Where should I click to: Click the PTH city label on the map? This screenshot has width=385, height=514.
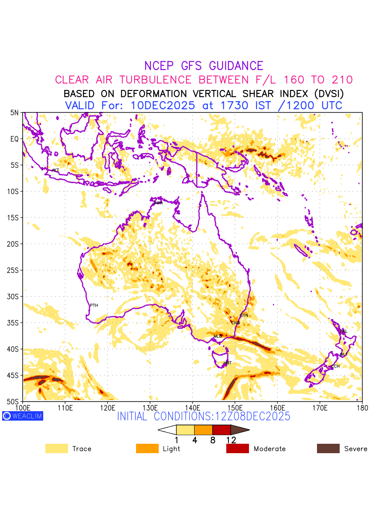[94, 305]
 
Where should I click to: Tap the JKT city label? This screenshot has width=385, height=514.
[55, 170]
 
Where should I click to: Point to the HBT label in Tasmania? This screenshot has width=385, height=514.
[228, 363]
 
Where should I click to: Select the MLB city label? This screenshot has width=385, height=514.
[218, 336]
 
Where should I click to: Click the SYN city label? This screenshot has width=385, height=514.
[244, 315]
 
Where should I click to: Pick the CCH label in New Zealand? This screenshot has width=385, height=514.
[335, 366]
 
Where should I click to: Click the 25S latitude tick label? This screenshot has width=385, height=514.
[15, 270]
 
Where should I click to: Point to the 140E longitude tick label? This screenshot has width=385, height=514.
[192, 407]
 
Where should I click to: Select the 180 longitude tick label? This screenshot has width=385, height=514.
[362, 407]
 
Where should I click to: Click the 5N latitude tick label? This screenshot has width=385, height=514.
[15, 113]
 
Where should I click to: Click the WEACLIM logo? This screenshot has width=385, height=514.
[23, 416]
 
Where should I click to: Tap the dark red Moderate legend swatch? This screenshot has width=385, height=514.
[237, 448]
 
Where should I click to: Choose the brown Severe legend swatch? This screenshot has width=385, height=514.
[328, 448]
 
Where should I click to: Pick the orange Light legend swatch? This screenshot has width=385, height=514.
[147, 448]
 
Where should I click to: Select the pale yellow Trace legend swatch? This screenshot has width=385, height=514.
[56, 448]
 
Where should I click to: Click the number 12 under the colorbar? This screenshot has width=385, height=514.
[231, 440]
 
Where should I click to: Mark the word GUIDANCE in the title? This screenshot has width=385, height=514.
[236, 66]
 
